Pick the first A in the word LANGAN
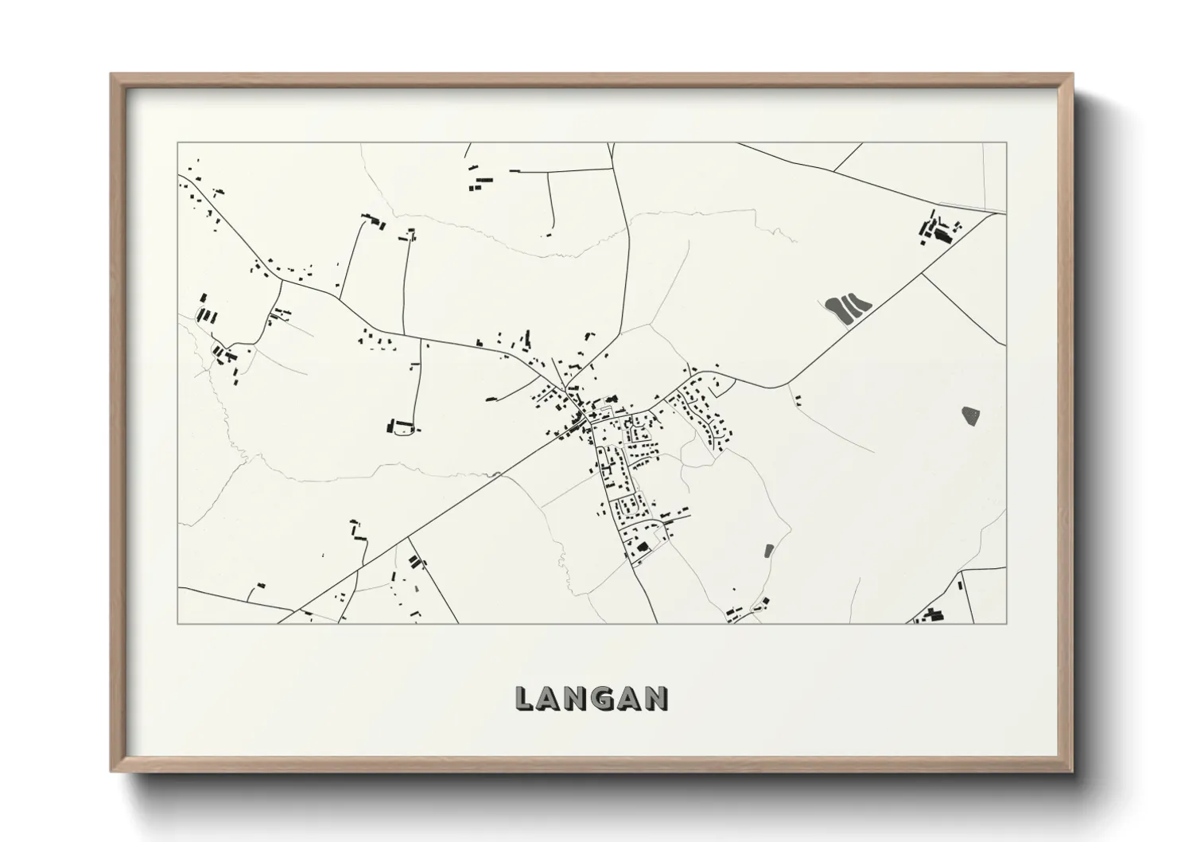click(x=551, y=698)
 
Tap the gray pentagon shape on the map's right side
click(x=970, y=415)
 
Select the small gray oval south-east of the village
click(x=768, y=550)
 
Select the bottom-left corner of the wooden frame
click(x=111, y=772)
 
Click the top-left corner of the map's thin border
click(x=177, y=142)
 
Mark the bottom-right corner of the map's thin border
click(x=1006, y=623)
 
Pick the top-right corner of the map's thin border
click(x=1006, y=142)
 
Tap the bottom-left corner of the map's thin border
click(x=177, y=623)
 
